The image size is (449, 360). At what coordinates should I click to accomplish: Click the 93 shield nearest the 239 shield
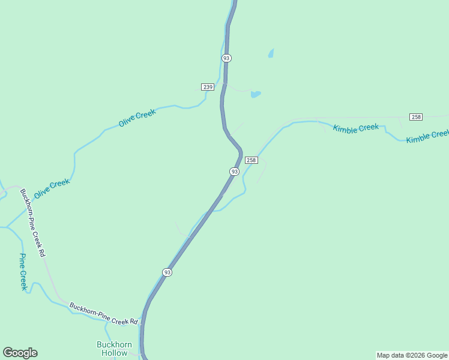click(226, 58)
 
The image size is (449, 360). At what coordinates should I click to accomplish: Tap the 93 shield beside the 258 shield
click(234, 172)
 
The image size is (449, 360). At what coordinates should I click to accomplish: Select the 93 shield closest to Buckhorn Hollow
click(167, 272)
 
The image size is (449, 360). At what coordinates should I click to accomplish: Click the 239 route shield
click(208, 87)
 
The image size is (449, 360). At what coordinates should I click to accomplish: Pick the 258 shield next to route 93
click(251, 160)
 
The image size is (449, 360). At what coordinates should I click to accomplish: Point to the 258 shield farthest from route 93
click(415, 116)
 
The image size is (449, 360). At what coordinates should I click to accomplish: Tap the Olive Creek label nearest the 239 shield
click(137, 117)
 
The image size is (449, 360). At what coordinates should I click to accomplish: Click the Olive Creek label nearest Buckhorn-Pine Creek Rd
click(52, 189)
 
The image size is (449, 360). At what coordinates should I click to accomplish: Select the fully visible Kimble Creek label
click(356, 128)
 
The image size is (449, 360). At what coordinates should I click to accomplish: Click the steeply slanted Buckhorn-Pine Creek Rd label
click(32, 223)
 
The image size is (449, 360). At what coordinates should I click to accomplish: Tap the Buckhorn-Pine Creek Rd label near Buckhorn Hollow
click(103, 314)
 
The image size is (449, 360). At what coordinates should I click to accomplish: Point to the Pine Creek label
click(23, 272)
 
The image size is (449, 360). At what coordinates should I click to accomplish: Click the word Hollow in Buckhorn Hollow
click(114, 353)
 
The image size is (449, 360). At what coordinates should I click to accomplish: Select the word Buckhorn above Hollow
click(114, 344)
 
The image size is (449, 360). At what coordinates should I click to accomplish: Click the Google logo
click(20, 353)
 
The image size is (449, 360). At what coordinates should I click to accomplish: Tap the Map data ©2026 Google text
click(412, 355)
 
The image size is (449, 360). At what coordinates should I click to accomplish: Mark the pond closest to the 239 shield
click(256, 94)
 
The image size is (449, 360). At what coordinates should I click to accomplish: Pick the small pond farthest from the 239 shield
click(271, 53)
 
